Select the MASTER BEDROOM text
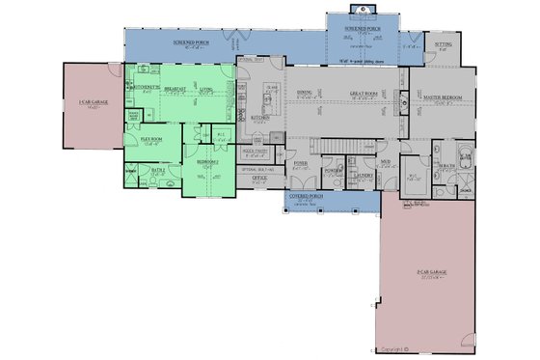(440, 97)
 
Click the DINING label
(304, 93)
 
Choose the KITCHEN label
(260, 118)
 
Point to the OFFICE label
(259, 179)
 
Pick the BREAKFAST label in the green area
(175, 88)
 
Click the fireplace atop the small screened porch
(363, 11)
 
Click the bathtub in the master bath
(464, 151)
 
